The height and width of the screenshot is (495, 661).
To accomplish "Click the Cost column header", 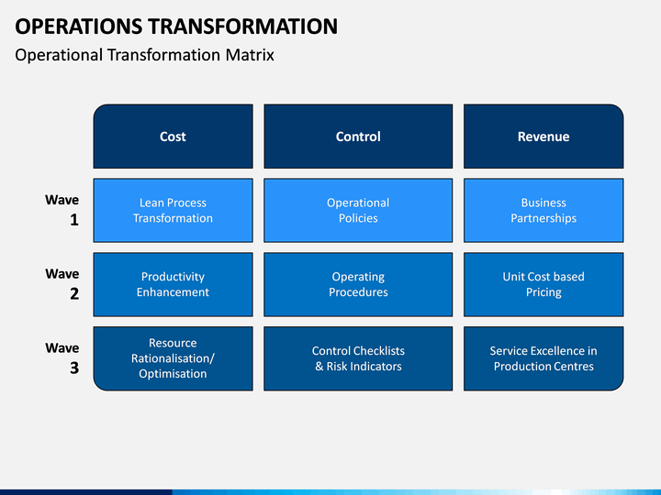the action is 173,137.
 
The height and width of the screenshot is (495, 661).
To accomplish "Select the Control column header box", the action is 358,137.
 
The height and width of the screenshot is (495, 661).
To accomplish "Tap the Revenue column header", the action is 543,137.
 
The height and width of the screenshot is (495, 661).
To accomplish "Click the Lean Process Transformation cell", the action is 173,211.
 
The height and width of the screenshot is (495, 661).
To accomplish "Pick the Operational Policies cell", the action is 358,211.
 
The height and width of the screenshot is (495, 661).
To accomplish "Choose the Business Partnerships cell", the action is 543,211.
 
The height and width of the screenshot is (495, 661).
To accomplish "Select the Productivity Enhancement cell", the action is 173,284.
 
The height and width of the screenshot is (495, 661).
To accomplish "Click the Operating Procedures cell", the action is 358,284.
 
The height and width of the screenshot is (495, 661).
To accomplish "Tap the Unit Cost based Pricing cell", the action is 543,284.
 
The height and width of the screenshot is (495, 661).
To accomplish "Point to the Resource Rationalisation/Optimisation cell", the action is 173,358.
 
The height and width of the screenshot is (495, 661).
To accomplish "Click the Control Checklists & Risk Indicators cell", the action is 358,358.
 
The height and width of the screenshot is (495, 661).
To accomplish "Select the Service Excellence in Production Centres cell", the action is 543,358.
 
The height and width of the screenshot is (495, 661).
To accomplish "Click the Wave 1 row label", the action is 62,210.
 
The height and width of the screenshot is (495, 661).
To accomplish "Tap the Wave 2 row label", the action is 62,283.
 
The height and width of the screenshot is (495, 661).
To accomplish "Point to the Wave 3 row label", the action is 62,357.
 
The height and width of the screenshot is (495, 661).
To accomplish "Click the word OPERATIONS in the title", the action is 79,26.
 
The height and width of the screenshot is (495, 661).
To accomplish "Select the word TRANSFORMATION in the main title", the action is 243,26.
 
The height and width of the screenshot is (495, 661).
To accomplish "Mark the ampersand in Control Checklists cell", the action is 319,366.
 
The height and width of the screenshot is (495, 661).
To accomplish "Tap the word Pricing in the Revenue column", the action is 543,292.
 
